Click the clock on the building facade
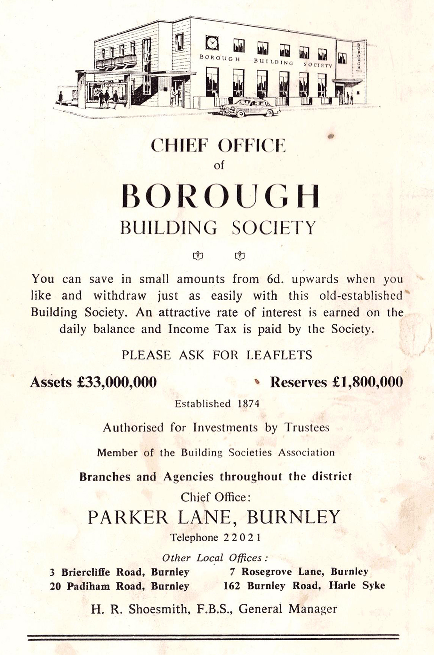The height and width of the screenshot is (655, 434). [x=212, y=43]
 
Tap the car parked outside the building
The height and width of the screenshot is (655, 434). [x=250, y=107]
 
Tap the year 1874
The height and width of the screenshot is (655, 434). [x=248, y=404]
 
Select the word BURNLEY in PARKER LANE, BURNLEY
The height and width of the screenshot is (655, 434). [x=293, y=517]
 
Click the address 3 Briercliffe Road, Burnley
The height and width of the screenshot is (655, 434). [x=119, y=572]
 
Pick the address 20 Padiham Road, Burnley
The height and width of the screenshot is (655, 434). [x=119, y=586]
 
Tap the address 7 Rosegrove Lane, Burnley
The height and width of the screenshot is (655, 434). [x=299, y=572]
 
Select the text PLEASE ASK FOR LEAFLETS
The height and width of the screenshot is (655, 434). [x=217, y=355]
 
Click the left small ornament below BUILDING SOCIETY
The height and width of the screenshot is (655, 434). [x=198, y=256]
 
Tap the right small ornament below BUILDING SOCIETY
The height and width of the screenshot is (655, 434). [x=239, y=256]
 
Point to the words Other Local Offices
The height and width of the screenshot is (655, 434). [x=215, y=558]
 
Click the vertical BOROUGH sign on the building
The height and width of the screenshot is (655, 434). [x=359, y=56]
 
